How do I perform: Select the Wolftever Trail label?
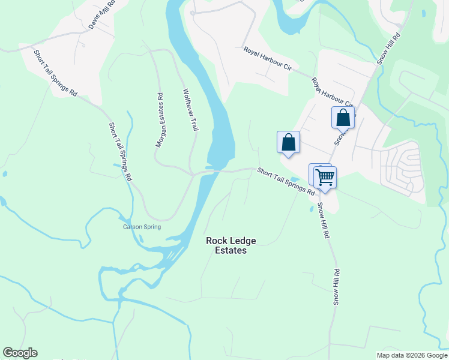pyautogui.click(x=190, y=110)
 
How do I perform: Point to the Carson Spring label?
pyautogui.click(x=139, y=227)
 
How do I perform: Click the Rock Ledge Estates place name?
pyautogui.click(x=231, y=245)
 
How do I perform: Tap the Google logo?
pyautogui.click(x=20, y=353)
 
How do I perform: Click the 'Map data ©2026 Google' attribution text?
pyautogui.click(x=412, y=355)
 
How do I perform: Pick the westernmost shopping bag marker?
pyautogui.click(x=288, y=142)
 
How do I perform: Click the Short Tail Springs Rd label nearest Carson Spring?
pyautogui.click(x=120, y=152)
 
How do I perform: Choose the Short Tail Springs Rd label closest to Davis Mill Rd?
pyautogui.click(x=56, y=73)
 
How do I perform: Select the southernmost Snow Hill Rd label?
pyautogui.click(x=337, y=287)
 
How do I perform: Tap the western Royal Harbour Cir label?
pyautogui.click(x=267, y=60)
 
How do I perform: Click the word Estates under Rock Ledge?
pyautogui.click(x=231, y=251)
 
